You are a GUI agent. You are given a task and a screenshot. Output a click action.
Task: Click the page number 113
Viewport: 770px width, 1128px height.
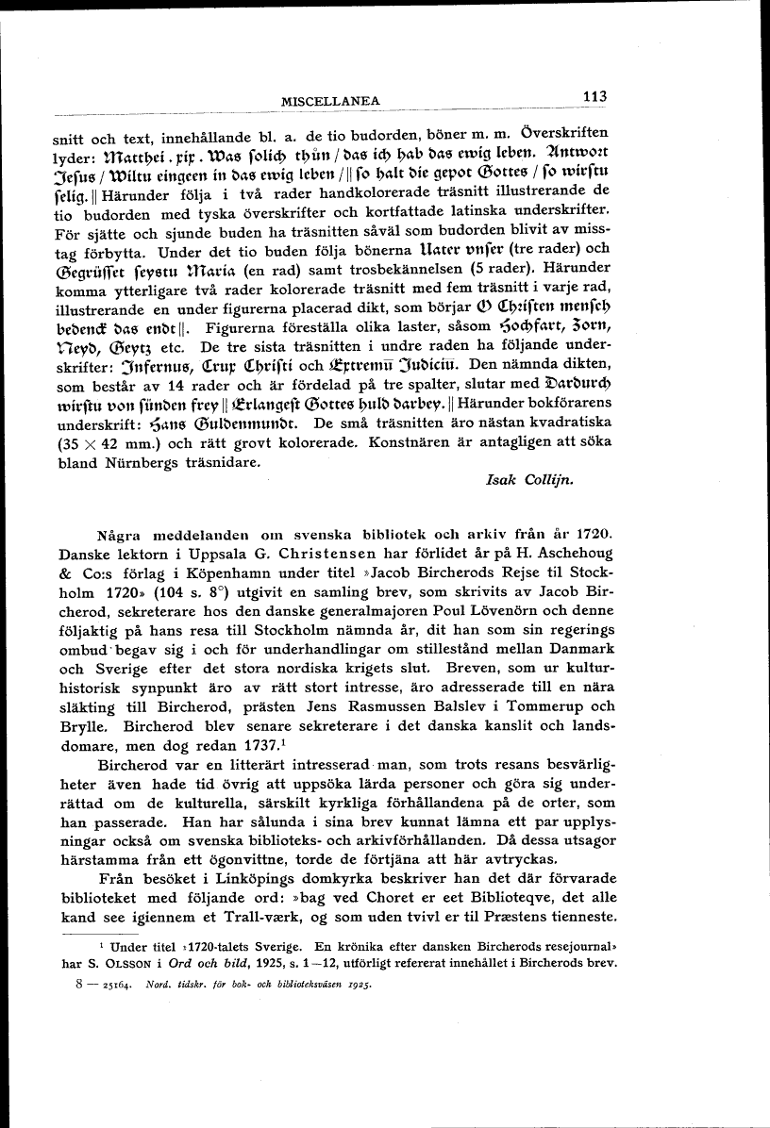point(594,95)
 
